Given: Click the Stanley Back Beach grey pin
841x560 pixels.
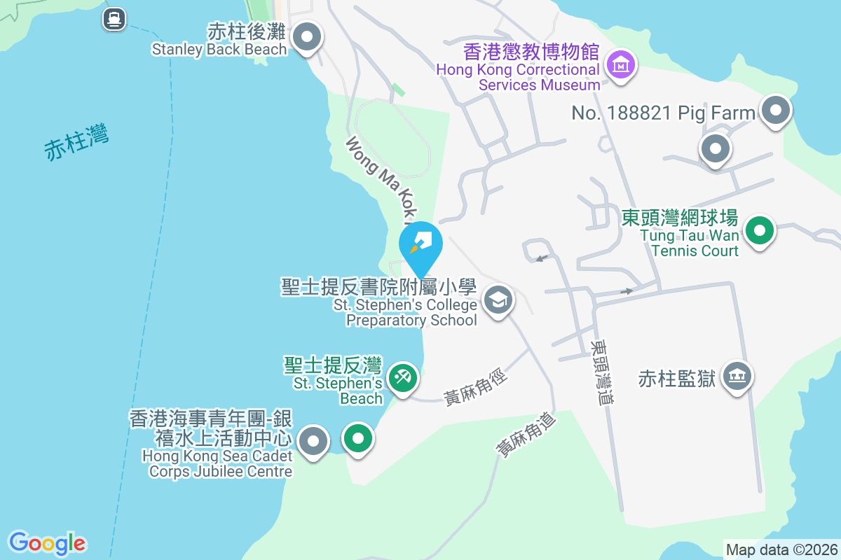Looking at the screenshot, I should tap(306, 36).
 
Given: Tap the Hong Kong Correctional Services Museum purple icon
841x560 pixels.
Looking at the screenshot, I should tap(620, 65).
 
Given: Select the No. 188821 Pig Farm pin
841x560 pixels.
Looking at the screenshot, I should tap(775, 110).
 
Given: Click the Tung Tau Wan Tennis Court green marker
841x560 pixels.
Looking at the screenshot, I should tap(758, 230).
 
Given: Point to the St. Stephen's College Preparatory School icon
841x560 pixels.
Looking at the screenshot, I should tap(498, 300).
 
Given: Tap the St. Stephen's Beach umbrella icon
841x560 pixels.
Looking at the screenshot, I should tap(403, 378).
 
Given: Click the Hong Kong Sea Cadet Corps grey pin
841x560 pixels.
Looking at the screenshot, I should tap(313, 441).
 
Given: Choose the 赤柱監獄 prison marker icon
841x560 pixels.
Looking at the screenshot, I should tap(736, 376).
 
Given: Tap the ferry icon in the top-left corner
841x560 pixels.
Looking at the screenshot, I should tap(114, 18).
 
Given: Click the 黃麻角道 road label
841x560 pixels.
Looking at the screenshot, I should tap(526, 435).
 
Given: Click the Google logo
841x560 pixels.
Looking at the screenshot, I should tap(47, 543).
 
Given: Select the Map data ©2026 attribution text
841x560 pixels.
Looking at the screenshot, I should tap(781, 549).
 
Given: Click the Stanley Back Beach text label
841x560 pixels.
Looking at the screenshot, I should tap(219, 49).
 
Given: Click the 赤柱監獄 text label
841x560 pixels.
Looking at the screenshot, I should tap(676, 379).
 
